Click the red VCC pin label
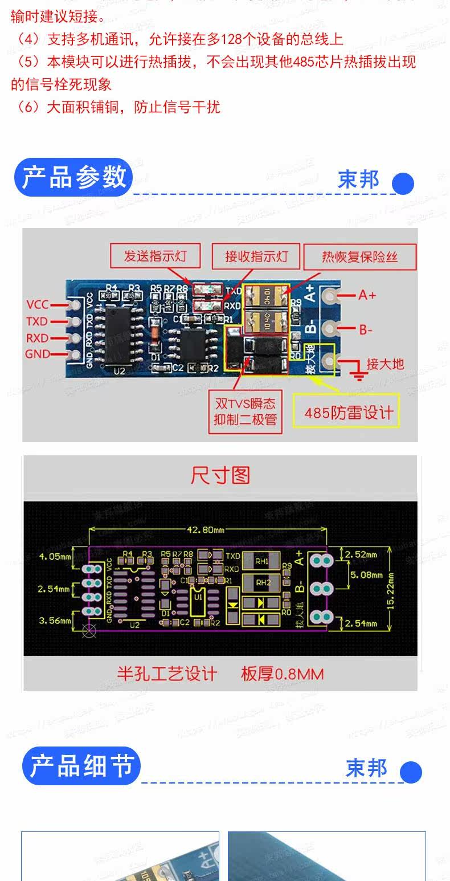tap(38, 304)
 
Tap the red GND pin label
tap(38, 354)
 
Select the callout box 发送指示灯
tap(155, 256)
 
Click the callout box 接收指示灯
tap(256, 256)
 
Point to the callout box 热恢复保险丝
tap(360, 257)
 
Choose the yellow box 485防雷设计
tap(349, 412)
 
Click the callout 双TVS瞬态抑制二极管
tap(245, 412)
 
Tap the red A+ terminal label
tap(367, 295)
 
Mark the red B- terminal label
tap(366, 329)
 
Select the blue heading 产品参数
tap(73, 177)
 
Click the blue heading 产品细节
tap(81, 766)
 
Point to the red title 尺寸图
tap(220, 475)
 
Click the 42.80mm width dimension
tap(206, 530)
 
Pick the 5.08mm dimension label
tap(366, 574)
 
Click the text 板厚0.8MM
tap(282, 674)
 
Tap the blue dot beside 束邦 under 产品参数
tap(403, 183)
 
